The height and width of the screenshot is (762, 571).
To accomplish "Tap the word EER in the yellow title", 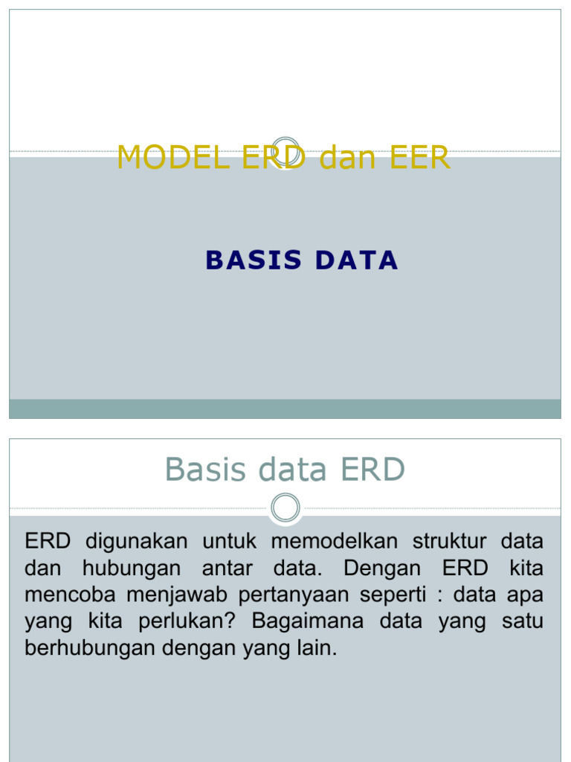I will pos(421,158).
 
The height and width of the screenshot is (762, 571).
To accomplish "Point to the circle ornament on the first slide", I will pos(285,151).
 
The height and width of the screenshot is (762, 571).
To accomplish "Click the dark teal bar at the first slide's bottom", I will pos(285,409).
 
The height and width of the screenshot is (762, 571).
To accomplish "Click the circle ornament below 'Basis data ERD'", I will pos(285,508).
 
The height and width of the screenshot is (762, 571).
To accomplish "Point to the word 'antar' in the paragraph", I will pos(227,568).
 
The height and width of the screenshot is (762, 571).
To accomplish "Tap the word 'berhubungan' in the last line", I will pos(88,648).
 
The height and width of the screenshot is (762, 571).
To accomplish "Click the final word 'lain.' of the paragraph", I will pos(320,648).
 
